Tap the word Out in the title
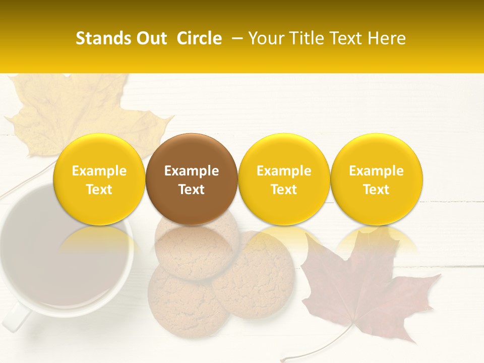pyautogui.click(x=150, y=38)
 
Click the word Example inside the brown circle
pyautogui.click(x=192, y=171)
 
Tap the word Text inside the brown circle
pyautogui.click(x=192, y=190)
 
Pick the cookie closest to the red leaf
pyautogui.click(x=255, y=275)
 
